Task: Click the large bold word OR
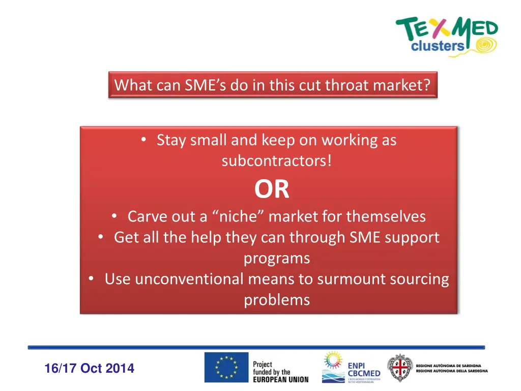click(x=272, y=189)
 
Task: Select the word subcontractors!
click(x=276, y=161)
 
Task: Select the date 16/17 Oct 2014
click(x=89, y=368)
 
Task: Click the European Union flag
click(x=226, y=368)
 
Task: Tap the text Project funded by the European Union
click(x=280, y=372)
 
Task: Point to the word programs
click(x=276, y=258)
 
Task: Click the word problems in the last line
click(x=276, y=300)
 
